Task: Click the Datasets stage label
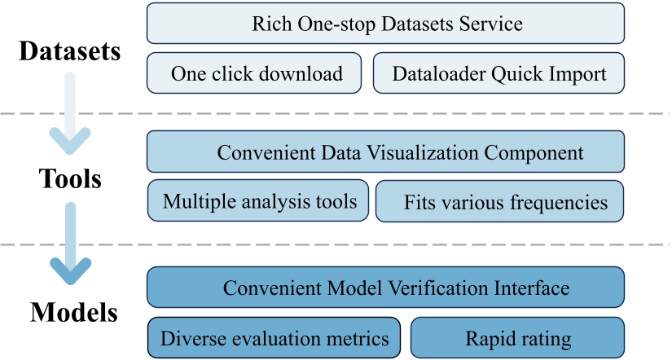click(70, 51)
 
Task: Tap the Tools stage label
click(70, 178)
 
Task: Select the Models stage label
click(74, 312)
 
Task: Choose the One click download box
click(257, 73)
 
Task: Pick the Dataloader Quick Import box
click(499, 73)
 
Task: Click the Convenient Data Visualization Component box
click(385, 151)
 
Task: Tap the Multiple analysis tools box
click(258, 200)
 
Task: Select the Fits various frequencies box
click(499, 201)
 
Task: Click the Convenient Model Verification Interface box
click(385, 288)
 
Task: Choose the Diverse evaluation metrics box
click(274, 337)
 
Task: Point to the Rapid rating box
click(517, 337)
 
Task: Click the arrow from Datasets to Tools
click(70, 114)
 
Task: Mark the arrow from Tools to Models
click(70, 244)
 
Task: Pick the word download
click(302, 74)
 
